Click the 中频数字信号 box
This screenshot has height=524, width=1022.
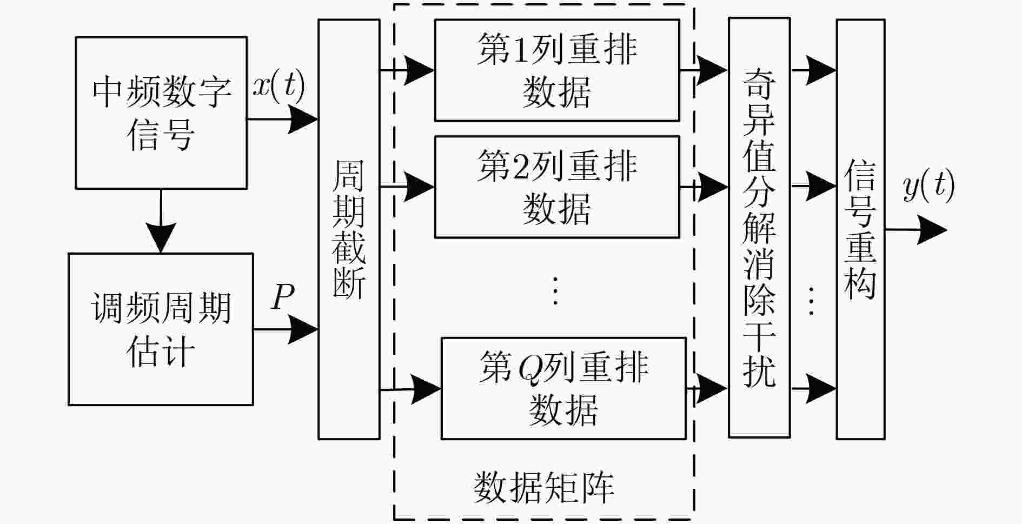click(161, 112)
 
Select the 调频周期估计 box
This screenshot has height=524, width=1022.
click(161, 329)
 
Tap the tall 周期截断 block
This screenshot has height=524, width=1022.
click(349, 229)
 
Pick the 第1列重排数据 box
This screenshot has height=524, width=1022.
click(557, 70)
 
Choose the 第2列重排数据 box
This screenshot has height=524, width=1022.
click(557, 187)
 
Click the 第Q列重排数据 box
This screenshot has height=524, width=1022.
click(563, 388)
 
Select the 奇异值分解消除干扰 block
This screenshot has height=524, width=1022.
click(759, 227)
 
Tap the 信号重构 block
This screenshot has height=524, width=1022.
click(860, 229)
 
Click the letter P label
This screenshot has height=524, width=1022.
click(283, 296)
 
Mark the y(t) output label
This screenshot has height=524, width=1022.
click(928, 187)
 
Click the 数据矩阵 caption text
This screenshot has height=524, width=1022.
click(544, 488)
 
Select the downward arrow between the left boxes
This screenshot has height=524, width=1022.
click(161, 221)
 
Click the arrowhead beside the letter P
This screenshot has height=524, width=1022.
click(303, 329)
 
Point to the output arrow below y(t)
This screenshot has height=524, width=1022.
click(917, 230)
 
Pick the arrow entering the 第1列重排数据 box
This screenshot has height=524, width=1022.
click(407, 70)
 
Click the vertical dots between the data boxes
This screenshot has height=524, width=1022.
click(555, 290)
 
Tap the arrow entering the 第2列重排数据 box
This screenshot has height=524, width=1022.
click(407, 187)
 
